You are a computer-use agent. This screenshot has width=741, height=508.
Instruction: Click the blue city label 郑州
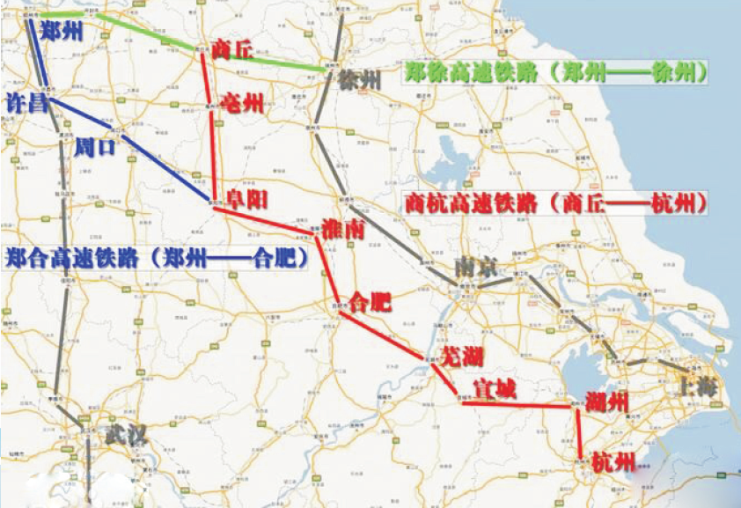click(x=62, y=33)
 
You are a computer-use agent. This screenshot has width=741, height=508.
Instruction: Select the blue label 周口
click(x=95, y=145)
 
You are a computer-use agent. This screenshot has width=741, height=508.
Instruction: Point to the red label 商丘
click(x=233, y=51)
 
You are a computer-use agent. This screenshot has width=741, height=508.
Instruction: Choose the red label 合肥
click(x=370, y=303)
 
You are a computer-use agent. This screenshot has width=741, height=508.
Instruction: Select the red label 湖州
click(x=607, y=402)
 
